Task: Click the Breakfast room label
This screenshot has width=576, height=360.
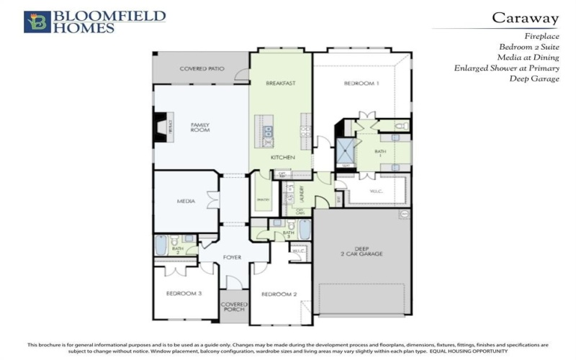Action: click(x=281, y=84)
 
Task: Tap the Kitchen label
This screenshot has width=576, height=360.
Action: click(x=281, y=156)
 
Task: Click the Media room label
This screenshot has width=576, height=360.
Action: click(x=186, y=202)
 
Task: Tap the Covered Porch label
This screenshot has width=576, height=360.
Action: click(x=233, y=307)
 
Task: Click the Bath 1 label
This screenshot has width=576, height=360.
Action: click(x=380, y=153)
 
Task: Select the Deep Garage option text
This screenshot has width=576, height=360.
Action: click(x=534, y=79)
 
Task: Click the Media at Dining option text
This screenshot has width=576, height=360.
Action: click(x=529, y=58)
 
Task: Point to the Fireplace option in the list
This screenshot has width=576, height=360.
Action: click(x=541, y=35)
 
